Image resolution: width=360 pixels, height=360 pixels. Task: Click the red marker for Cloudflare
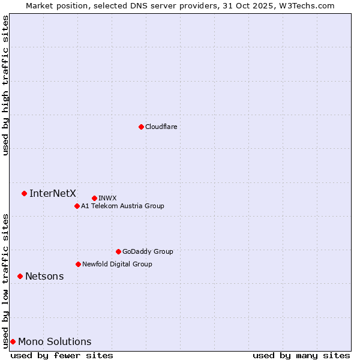click(x=141, y=127)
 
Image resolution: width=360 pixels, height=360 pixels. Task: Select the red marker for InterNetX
click(x=24, y=193)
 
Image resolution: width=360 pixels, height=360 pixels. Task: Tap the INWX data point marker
click(x=94, y=198)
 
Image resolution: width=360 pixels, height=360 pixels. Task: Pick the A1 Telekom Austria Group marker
click(x=77, y=206)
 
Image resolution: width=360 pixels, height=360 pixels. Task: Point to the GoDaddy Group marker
click(x=118, y=251)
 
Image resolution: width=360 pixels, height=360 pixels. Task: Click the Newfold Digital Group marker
click(x=78, y=264)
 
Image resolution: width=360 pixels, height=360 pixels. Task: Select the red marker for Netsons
click(x=20, y=276)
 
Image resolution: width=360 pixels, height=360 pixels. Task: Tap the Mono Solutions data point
click(x=13, y=341)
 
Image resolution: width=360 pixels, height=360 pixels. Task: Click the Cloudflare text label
click(x=161, y=127)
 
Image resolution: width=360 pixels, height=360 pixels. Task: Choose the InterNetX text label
click(x=53, y=193)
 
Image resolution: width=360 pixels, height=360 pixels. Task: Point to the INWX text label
click(x=107, y=198)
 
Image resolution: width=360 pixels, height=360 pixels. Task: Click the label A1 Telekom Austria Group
click(x=122, y=206)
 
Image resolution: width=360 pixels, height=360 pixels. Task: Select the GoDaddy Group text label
click(x=148, y=251)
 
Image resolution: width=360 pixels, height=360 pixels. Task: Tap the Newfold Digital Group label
click(x=117, y=264)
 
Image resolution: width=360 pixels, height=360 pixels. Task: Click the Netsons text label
click(x=44, y=276)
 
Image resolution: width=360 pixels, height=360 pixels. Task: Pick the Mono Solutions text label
click(x=55, y=341)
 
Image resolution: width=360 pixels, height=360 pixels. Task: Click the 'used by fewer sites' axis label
click(x=62, y=355)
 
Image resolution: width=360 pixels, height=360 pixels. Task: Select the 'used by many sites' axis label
click(x=301, y=355)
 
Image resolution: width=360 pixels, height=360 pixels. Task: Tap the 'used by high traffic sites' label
click(x=6, y=85)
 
